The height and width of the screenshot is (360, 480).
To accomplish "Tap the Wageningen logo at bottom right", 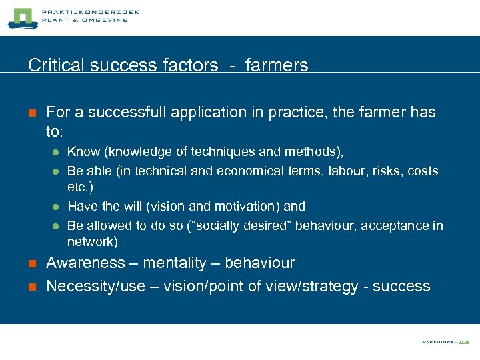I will pyautogui.click(x=445, y=341).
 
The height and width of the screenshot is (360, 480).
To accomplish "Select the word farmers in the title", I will pyautogui.click(x=277, y=65).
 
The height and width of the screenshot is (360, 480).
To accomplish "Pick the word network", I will pyautogui.click(x=92, y=241).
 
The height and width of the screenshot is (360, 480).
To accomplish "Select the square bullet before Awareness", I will pyautogui.click(x=32, y=264).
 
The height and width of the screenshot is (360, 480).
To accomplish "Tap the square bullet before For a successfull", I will pyautogui.click(x=32, y=113).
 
